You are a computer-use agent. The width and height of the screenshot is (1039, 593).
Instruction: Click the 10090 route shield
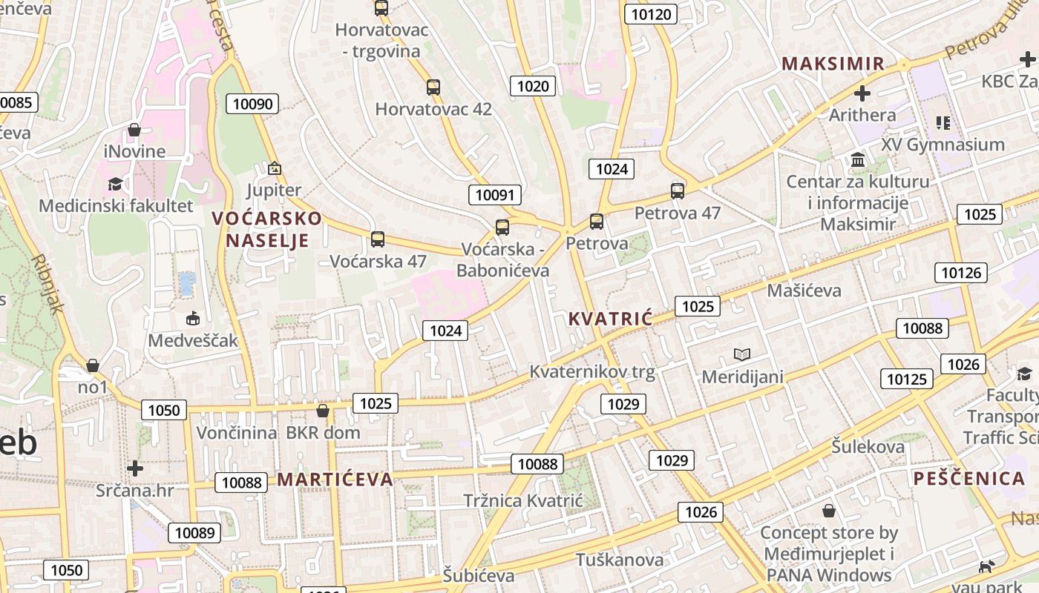[x=252, y=104]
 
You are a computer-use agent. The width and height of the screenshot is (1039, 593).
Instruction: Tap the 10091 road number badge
[x=494, y=195]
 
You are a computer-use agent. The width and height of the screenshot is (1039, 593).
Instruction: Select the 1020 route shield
[x=533, y=86]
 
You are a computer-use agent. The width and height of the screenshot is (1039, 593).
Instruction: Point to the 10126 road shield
[x=961, y=273]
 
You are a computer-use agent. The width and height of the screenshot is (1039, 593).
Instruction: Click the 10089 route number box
[x=195, y=532]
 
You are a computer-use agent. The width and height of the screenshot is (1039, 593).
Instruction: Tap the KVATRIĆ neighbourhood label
[x=610, y=319]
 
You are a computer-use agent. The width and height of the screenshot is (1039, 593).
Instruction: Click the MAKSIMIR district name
[x=833, y=64]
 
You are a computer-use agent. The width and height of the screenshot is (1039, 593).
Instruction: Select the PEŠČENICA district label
[x=969, y=478]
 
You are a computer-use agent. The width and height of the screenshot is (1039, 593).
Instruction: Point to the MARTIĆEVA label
[x=335, y=479]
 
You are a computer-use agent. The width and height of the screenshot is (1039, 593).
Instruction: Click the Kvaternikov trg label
[x=592, y=371]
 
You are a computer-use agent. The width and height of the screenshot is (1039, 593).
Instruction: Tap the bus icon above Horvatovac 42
[x=433, y=87]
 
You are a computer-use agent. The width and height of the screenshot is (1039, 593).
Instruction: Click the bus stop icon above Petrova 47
[x=678, y=191]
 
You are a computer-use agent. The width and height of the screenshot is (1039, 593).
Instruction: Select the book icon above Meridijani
[x=742, y=354]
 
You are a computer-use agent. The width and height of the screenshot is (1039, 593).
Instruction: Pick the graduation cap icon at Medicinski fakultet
[x=115, y=184]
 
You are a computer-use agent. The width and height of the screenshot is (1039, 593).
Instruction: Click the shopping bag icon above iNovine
[x=134, y=130]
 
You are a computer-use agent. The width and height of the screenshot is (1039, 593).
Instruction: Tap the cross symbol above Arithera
[x=862, y=93]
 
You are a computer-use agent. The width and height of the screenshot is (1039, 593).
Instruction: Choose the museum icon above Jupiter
[x=275, y=168]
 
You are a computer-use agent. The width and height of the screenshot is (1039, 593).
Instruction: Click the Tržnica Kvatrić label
[x=523, y=500]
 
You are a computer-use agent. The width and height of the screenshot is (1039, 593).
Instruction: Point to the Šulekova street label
[x=868, y=447]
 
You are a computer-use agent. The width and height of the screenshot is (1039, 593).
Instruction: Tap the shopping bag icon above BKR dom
[x=323, y=410]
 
